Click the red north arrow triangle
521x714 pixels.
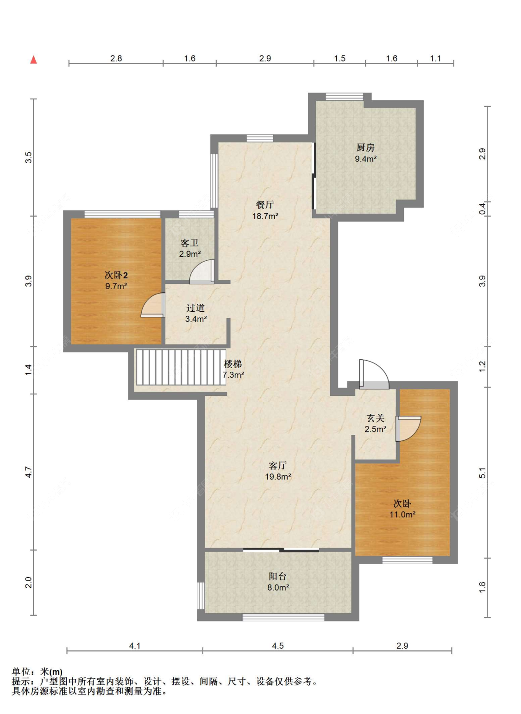(33, 60)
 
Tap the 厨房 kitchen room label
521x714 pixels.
(365, 148)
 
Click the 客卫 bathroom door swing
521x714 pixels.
(202, 271)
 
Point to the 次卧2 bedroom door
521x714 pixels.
(153, 305)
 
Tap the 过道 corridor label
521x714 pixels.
(195, 308)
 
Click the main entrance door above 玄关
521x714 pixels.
(374, 375)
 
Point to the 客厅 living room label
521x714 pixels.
(277, 466)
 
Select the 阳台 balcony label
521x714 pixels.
(277, 576)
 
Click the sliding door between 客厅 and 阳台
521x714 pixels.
(281, 550)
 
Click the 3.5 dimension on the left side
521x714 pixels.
(29, 158)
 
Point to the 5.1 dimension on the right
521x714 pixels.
(483, 473)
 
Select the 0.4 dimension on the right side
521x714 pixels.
(483, 209)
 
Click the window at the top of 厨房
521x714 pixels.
(345, 96)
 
